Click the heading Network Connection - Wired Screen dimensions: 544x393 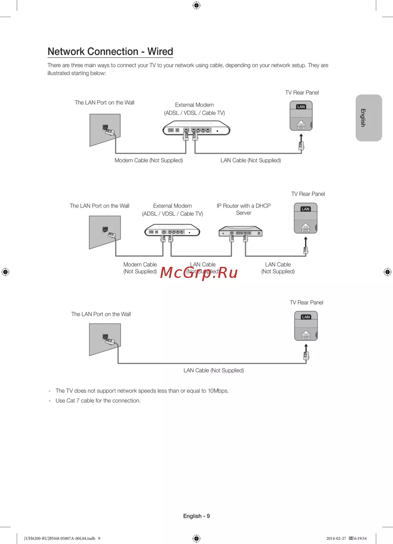pyautogui.click(x=110, y=51)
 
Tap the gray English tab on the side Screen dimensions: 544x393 pyautogui.click(x=369, y=118)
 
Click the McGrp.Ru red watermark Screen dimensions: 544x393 pyautogui.click(x=199, y=272)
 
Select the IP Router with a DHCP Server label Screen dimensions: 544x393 pyautogui.click(x=244, y=209)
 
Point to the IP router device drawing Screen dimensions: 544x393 pyautogui.click(x=240, y=231)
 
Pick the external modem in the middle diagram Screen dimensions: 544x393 pyautogui.click(x=172, y=231)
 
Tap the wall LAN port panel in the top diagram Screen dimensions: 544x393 pyautogui.click(x=105, y=130)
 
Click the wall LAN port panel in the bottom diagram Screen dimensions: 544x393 pyautogui.click(x=105, y=339)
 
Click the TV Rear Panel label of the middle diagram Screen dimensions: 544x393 pyautogui.click(x=308, y=194)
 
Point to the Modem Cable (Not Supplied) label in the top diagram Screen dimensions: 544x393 pyautogui.click(x=149, y=160)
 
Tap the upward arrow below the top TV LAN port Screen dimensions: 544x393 pyautogui.click(x=301, y=138)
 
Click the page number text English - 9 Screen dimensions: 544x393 pyautogui.click(x=196, y=516)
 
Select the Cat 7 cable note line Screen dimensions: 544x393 pyautogui.click(x=98, y=401)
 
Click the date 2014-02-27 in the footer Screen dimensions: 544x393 pyautogui.click(x=336, y=538)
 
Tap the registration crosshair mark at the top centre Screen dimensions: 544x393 pyautogui.click(x=196, y=5)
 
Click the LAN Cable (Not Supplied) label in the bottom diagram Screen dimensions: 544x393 pyautogui.click(x=213, y=370)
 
